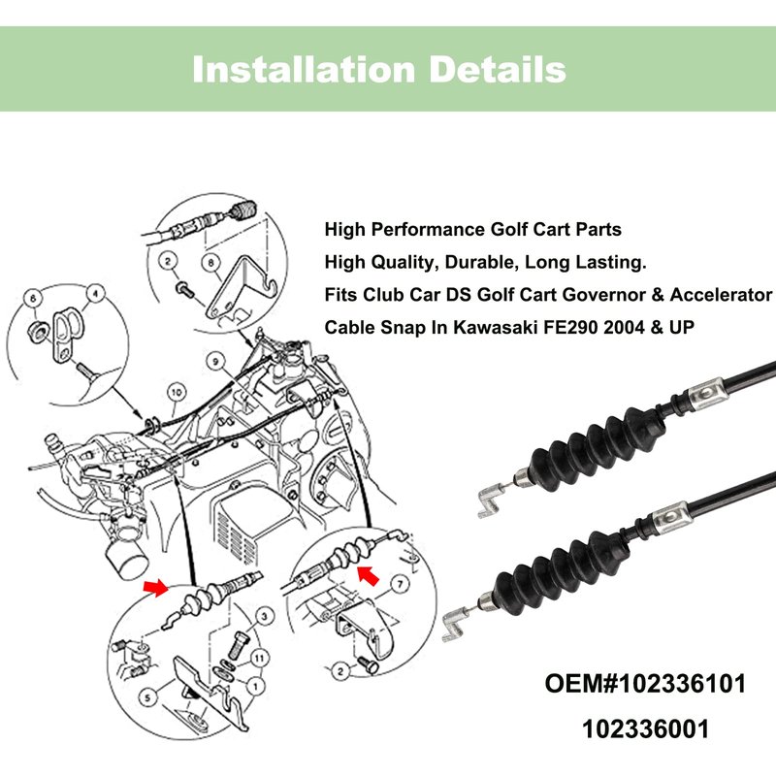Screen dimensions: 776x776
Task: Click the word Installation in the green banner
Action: coord(304,69)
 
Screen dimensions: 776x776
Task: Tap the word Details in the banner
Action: coord(498,69)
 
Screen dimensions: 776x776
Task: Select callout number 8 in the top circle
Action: coord(210,262)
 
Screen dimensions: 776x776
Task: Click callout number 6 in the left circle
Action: coord(33,298)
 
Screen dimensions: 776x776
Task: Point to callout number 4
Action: coord(95,294)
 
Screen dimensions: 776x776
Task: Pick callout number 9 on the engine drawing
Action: coord(215,362)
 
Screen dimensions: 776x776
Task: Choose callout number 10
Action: coord(177,393)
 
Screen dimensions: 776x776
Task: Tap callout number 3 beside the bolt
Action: coord(265,616)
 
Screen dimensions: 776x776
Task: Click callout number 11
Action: coord(259,658)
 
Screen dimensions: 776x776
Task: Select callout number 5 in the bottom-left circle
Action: coord(147,697)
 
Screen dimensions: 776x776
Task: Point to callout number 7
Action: coord(400,585)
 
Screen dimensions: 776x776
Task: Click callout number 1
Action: coord(256,686)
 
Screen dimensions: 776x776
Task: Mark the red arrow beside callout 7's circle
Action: coord(369,576)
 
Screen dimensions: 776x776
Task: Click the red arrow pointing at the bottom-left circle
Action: coord(155,588)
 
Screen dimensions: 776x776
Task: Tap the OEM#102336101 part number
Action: coord(645,684)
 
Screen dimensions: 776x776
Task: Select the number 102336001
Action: coord(645,729)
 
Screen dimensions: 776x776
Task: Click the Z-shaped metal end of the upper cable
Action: coord(490,500)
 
